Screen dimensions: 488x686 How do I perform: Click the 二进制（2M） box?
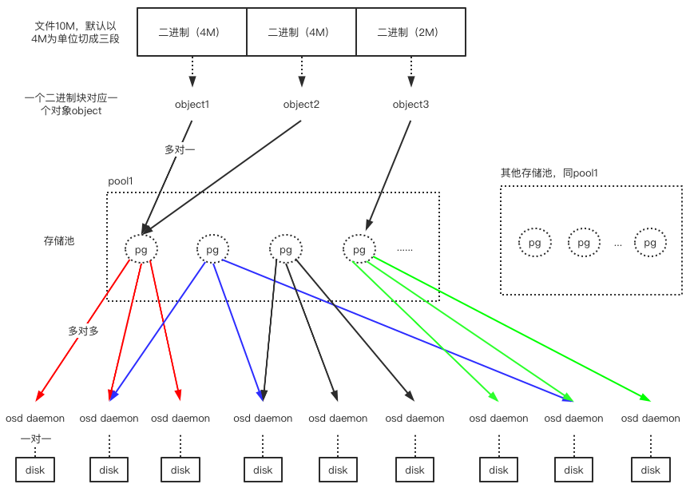point(409,32)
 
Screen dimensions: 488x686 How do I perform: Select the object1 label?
point(192,105)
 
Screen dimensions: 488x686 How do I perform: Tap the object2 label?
point(301,105)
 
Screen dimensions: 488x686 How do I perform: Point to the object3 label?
point(410,105)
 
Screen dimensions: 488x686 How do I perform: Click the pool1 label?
point(121,181)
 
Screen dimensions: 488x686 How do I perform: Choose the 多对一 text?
point(180,149)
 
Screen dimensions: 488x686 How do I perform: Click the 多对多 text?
point(83,331)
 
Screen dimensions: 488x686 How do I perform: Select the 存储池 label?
point(59,240)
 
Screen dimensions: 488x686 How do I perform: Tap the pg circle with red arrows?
point(141,249)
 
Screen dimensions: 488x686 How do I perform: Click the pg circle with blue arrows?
point(212,249)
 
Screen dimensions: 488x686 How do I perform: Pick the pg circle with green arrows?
point(359,249)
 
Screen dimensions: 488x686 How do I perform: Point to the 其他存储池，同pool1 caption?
point(549,173)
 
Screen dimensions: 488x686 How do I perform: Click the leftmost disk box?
point(35,470)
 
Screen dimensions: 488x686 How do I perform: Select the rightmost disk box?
point(650,470)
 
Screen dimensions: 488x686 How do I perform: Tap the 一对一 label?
point(35,438)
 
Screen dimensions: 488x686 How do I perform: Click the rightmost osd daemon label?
point(650,418)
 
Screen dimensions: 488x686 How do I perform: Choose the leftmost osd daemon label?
point(35,418)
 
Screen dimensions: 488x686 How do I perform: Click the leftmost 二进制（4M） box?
point(191,32)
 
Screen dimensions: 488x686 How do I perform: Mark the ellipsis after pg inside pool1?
point(405,249)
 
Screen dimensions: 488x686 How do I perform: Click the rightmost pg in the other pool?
point(650,242)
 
